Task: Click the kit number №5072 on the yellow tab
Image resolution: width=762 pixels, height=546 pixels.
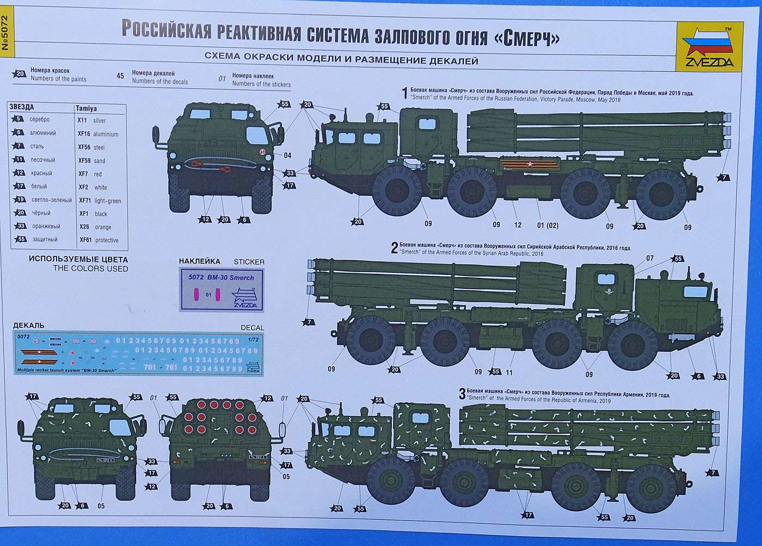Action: point(5,33)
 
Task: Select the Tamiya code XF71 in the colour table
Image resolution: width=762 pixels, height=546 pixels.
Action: point(84,200)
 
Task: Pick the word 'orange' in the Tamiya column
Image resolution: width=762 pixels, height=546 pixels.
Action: point(103,227)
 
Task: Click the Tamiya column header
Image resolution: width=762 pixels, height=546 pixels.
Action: point(86,108)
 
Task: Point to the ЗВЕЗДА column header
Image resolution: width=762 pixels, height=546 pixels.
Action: point(22,107)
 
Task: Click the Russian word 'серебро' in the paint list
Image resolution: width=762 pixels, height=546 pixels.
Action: point(40,119)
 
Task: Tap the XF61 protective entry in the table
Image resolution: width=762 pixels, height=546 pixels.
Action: point(99,240)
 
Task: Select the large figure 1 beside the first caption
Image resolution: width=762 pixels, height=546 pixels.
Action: point(404,94)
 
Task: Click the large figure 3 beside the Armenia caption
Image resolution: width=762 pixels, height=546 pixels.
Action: point(462,394)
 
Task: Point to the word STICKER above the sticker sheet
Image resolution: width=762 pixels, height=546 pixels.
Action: point(249,262)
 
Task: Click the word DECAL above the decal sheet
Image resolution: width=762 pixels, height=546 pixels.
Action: point(252,328)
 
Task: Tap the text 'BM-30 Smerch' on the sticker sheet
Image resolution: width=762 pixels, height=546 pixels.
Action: point(230,278)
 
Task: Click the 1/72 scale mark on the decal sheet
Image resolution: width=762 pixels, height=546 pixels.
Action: point(253,339)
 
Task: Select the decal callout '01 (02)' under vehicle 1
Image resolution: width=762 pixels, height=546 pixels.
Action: point(548,225)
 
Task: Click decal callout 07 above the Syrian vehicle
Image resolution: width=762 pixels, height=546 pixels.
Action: point(650,258)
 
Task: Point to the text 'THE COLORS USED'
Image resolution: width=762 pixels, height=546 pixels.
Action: point(90,268)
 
